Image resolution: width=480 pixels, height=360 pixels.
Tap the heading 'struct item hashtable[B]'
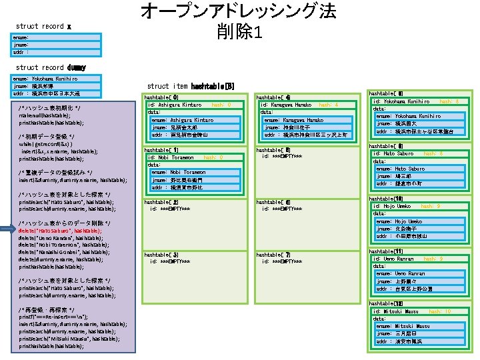pyautogui.click(x=190, y=86)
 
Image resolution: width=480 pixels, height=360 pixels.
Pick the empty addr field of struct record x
pyautogui.click(x=20, y=51)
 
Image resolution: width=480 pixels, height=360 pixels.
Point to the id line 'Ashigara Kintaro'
pyautogui.click(x=175, y=105)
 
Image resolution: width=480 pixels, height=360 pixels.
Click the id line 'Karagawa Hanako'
pyautogui.click(x=286, y=105)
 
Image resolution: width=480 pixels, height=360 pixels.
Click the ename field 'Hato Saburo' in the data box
pyautogui.click(x=400, y=169)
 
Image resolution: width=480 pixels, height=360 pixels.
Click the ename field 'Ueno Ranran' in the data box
pyautogui.click(x=400, y=274)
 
